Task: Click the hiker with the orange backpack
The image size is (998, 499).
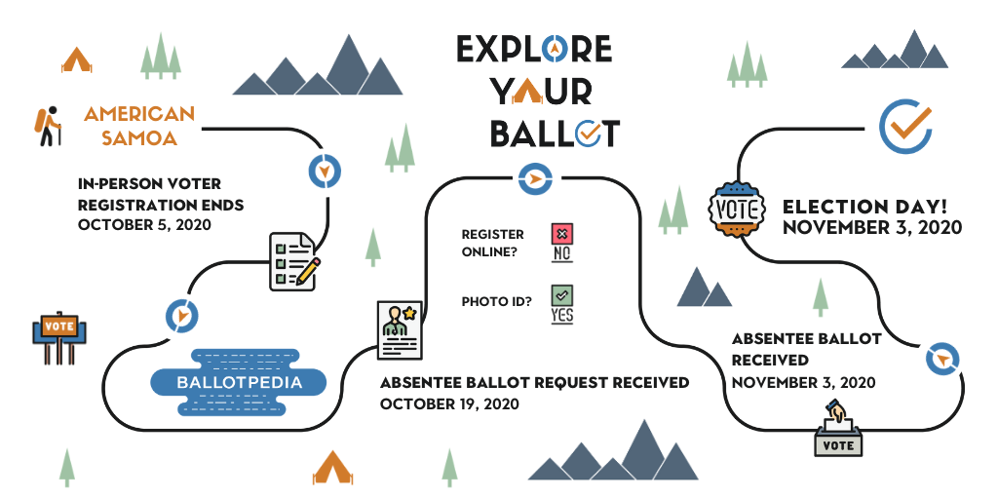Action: pos(48,126)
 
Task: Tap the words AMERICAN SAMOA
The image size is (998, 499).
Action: pos(139,126)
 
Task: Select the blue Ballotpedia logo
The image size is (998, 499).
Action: pos(239,382)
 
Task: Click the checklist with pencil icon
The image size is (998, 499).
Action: pos(294,261)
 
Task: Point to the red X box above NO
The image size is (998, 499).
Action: pos(561,234)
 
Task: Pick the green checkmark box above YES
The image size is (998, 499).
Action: pos(562,294)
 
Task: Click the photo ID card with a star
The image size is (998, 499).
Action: pos(400,329)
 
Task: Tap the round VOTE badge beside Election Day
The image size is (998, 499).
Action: pos(737,210)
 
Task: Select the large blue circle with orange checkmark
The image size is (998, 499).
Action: pos(905,127)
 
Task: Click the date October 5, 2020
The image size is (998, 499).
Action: pos(144,225)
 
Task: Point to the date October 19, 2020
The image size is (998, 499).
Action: pos(449,404)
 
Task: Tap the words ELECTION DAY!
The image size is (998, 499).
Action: pos(865,207)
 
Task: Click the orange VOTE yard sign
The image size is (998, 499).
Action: pos(59,338)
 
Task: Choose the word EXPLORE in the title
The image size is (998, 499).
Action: pos(534,49)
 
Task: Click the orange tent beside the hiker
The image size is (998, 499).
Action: pos(76,59)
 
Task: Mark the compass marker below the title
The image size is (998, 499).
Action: pos(535,179)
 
